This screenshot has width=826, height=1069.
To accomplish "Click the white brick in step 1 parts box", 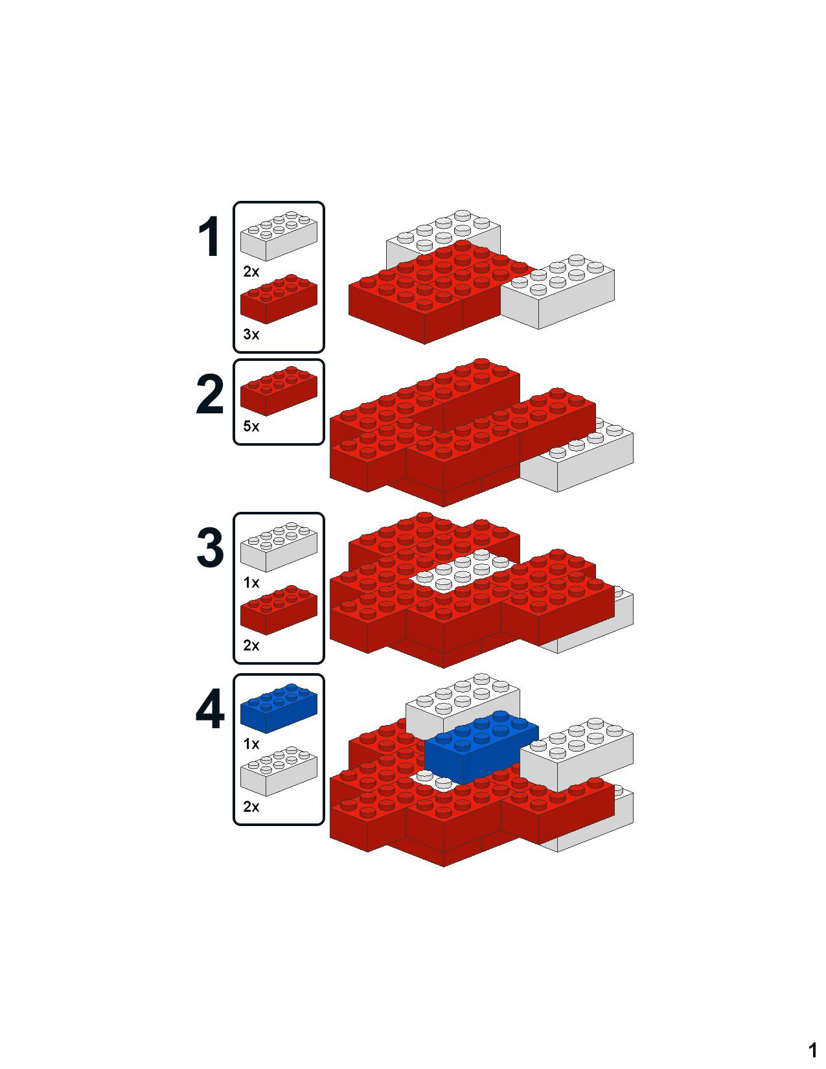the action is [x=279, y=236].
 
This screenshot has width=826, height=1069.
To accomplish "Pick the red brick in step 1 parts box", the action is [x=279, y=299].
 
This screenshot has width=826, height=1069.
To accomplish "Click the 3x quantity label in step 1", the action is [x=251, y=334].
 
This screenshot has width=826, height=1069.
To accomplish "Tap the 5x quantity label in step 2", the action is [x=251, y=426].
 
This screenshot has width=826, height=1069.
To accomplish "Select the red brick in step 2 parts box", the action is [x=279, y=391].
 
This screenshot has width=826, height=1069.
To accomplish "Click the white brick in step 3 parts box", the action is [x=279, y=547].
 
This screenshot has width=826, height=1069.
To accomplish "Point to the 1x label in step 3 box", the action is [x=251, y=582].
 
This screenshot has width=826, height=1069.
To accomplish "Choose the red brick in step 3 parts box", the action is [x=279, y=610].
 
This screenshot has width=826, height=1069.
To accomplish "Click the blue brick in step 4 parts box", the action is [x=279, y=708].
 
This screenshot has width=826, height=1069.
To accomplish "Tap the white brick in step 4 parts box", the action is [x=279, y=772].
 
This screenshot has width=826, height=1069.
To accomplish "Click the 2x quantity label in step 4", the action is [x=251, y=807].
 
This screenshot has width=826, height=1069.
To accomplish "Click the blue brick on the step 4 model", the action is [x=481, y=748].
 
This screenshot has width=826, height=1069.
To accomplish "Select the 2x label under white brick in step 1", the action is [x=251, y=271].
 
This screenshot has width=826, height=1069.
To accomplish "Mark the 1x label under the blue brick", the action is [x=251, y=744].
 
